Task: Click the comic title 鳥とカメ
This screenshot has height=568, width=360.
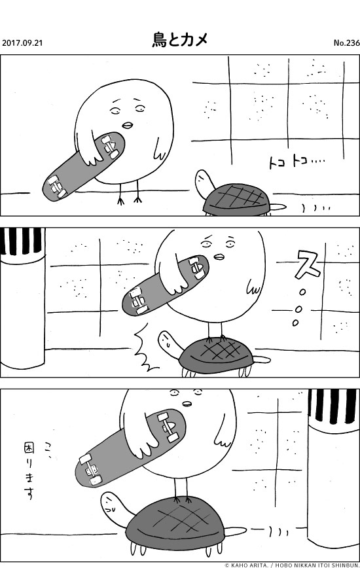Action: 179,39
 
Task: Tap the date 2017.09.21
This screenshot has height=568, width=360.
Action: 22,43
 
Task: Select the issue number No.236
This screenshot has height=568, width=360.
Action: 347,43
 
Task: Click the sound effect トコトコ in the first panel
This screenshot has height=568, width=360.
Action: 297,163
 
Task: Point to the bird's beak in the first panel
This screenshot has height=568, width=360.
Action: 128,124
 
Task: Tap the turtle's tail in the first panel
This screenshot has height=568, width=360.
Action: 279,207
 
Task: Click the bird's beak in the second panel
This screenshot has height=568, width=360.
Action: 219,257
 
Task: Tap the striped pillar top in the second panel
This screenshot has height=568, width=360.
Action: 22,241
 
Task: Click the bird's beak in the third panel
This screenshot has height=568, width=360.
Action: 187,403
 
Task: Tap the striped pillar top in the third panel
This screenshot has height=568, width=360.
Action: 332,406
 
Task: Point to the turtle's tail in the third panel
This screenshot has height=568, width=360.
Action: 236,531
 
